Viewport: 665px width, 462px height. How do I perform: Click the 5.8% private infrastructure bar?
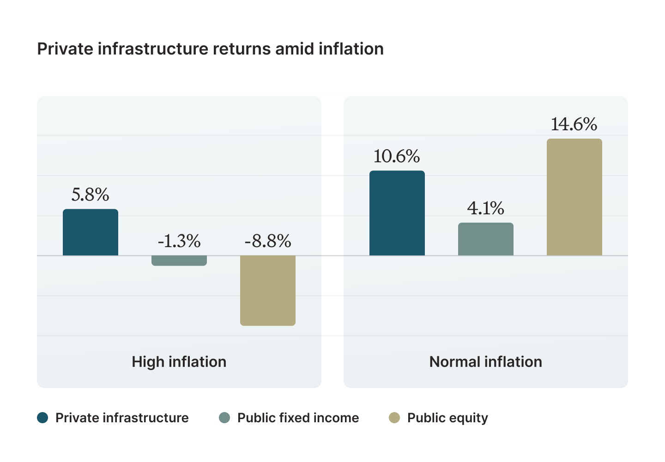point(91,232)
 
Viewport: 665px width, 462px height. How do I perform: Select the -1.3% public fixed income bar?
point(179,261)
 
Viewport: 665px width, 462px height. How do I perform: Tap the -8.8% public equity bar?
point(268,291)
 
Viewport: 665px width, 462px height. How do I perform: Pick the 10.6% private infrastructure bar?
point(397,213)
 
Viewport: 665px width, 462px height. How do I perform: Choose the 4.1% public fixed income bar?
point(486,239)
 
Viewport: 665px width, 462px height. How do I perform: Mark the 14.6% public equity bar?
point(574,197)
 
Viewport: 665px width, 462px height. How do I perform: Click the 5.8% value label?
point(91,195)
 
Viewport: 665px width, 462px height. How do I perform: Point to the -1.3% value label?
point(179,241)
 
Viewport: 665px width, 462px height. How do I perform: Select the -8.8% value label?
point(268,241)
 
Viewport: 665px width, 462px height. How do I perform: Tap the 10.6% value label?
point(397,157)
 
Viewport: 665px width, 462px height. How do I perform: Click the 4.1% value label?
point(486,209)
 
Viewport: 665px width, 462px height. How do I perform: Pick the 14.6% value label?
point(574,124)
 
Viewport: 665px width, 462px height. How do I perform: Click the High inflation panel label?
point(179,362)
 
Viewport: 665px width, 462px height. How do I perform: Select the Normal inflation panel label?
point(486,362)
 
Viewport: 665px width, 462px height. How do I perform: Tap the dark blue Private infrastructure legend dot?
point(43,418)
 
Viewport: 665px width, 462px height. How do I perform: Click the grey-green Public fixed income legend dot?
point(224,418)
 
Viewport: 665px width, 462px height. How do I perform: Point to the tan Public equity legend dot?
point(394,418)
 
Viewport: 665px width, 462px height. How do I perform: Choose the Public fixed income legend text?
point(298,418)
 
